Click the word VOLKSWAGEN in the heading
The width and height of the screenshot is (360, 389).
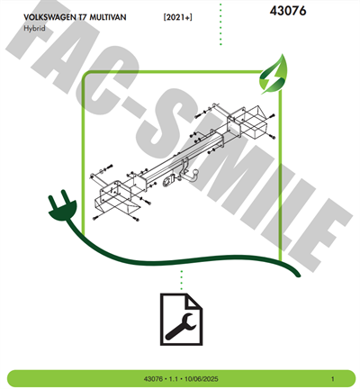point(49,17)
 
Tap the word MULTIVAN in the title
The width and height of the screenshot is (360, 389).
point(108,17)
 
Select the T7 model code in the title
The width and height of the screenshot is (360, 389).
point(83,17)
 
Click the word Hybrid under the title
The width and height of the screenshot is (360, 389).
point(34,29)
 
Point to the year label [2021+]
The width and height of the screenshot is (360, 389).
point(178,17)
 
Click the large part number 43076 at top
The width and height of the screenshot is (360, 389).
point(288,11)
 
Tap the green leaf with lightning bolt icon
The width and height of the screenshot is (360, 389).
point(274,74)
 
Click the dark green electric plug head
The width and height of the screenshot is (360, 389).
point(62,206)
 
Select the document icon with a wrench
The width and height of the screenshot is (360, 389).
point(181,320)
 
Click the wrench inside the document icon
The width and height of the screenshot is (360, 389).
point(181,326)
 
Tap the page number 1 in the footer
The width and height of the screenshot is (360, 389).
point(332,379)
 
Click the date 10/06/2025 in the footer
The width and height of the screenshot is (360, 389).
point(201,379)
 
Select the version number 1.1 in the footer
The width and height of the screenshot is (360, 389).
point(174,379)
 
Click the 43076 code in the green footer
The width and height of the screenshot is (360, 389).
point(153,379)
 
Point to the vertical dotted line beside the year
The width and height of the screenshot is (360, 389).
point(220,24)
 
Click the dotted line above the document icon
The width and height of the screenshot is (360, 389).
point(181,280)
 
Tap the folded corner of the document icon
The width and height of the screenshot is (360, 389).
point(194,302)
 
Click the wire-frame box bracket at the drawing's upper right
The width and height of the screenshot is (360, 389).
point(250,122)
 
